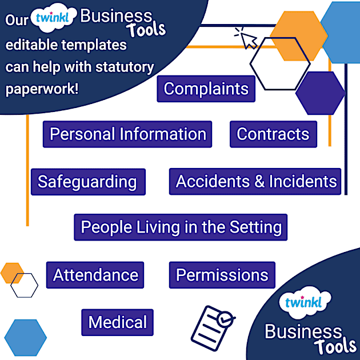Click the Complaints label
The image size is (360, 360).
206,89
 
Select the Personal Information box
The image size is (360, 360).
127,134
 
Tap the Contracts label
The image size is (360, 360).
273,134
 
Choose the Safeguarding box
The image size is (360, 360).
87,182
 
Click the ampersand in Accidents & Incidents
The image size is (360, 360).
259,182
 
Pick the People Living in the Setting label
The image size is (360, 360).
181,227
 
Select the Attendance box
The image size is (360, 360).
95,275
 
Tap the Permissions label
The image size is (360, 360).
222,275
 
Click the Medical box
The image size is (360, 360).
118,322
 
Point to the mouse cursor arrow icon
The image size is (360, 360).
246,39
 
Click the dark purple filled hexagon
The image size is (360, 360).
320,93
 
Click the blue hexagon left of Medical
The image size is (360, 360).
25,338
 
